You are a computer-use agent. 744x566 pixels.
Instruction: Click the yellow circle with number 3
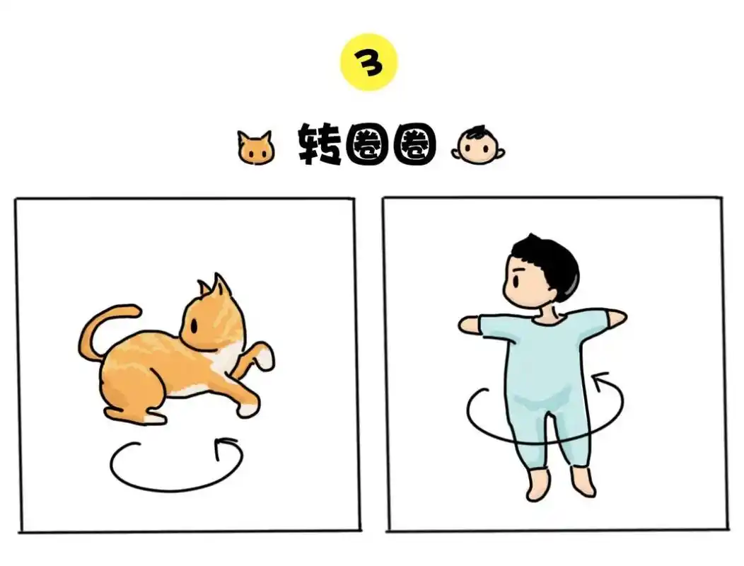point(369,62)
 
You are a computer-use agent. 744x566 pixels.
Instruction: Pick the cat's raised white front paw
point(265,357)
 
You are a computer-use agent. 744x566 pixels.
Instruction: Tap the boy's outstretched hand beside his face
point(469,325)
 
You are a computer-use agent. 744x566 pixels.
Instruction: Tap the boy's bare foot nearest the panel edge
point(584,484)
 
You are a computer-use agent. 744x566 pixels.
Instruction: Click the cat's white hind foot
point(152,417)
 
